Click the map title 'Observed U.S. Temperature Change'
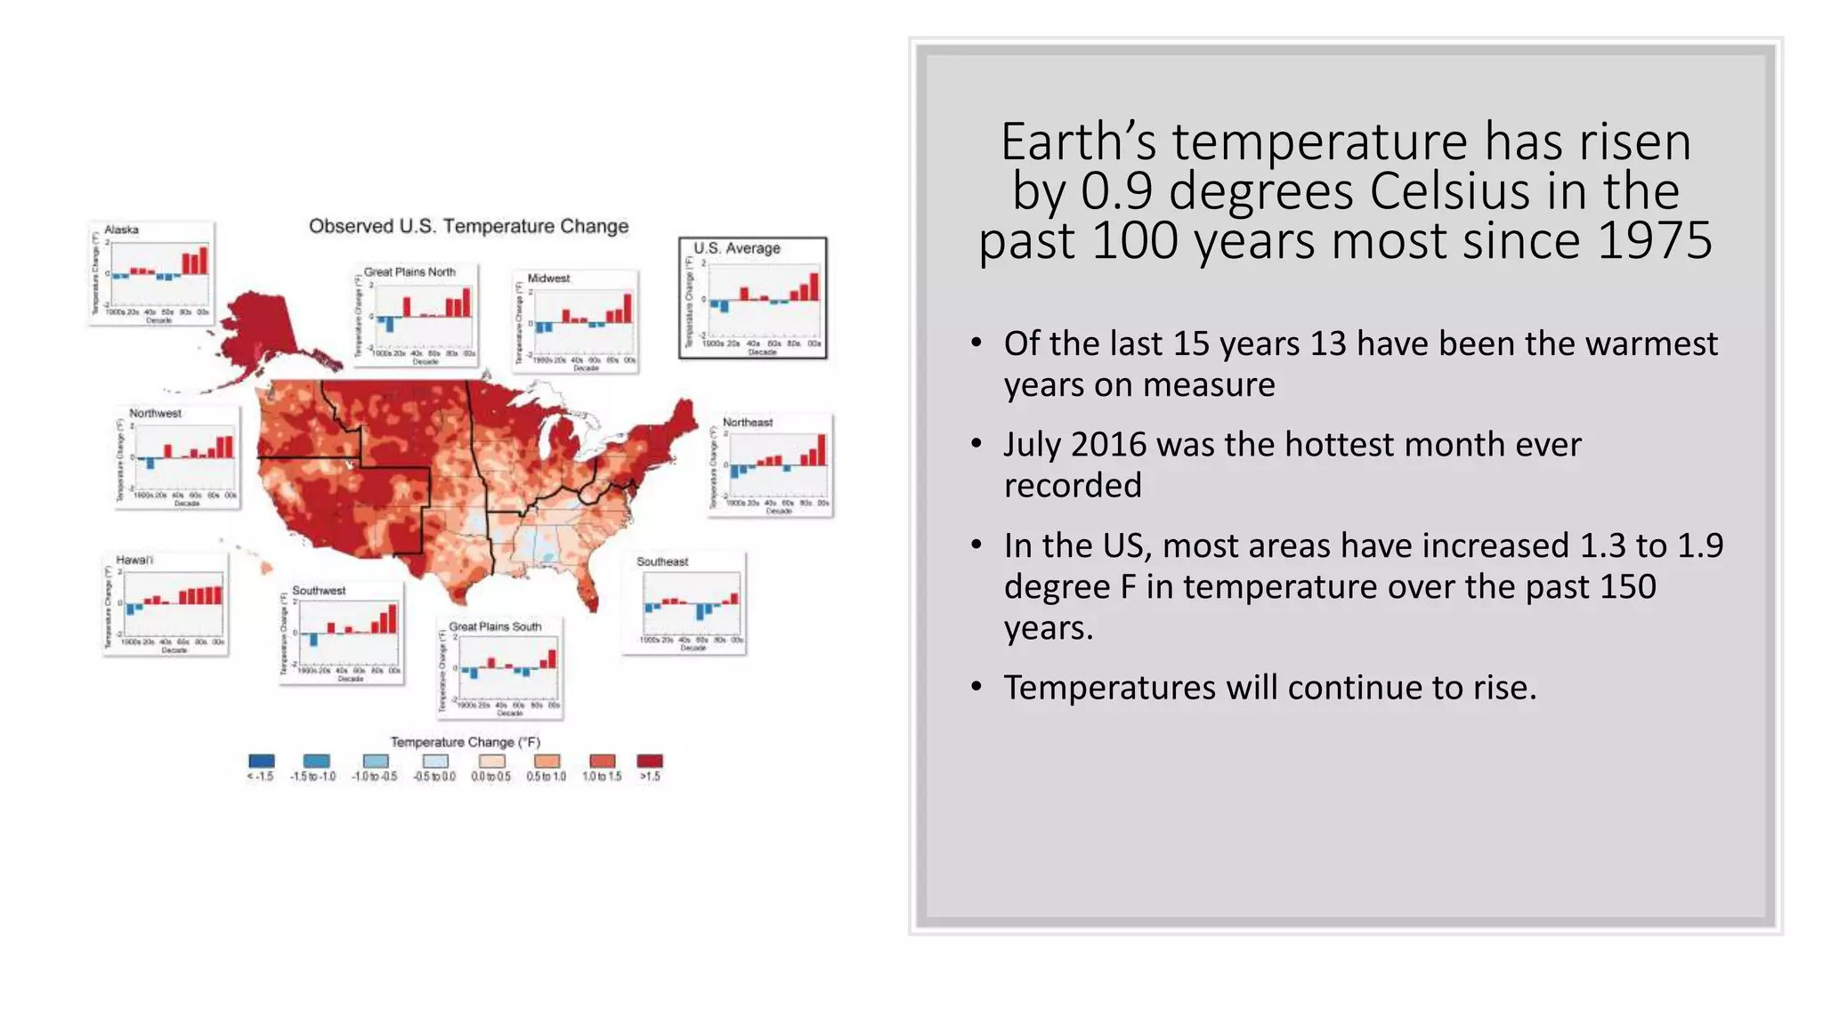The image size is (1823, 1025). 468,226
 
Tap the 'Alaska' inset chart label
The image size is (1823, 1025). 122,230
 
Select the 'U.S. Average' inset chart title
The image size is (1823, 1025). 737,248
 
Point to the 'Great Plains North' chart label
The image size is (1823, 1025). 409,272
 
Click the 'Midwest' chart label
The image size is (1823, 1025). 548,278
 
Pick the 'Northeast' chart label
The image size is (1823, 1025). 748,423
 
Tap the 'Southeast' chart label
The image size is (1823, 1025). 662,561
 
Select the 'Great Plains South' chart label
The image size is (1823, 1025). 495,626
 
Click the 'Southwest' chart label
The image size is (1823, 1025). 319,591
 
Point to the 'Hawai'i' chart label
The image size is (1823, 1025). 134,560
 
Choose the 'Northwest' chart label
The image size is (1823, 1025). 155,414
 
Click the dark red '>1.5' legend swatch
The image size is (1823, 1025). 650,762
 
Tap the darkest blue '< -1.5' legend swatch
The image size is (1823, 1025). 262,762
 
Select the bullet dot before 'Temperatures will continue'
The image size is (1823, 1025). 976,687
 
